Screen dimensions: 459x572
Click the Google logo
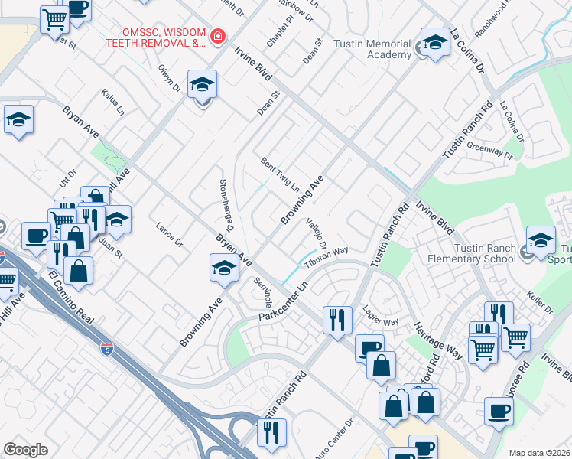(25, 450)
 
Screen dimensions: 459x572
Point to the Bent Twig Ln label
(280, 174)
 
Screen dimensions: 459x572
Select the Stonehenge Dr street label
(226, 206)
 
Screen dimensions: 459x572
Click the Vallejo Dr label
(316, 233)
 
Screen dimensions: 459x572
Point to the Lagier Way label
(381, 317)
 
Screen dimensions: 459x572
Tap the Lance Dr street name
(169, 233)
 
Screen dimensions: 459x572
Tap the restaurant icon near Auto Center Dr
(271, 433)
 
